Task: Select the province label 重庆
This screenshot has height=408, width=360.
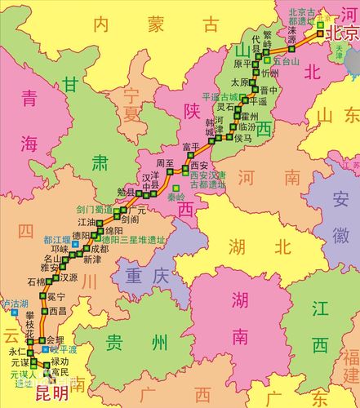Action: [147, 277]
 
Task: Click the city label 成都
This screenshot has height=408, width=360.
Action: [100, 248]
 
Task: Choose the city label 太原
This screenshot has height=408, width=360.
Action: [239, 82]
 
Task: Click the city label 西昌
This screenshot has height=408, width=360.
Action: [56, 311]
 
